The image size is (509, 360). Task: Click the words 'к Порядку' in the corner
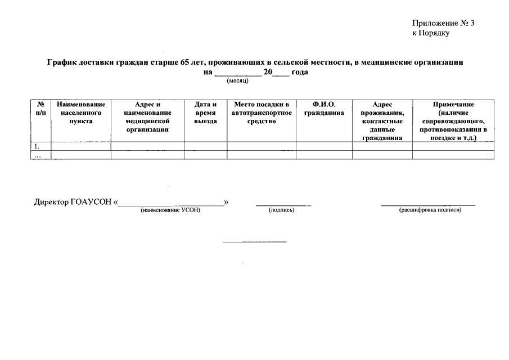pos(431,33)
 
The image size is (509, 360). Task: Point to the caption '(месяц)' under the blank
pos(237,81)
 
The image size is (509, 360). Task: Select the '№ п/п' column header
pos(40,109)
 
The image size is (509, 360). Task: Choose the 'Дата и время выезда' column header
pos(205,112)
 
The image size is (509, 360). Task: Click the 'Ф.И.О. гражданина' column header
pos(323,109)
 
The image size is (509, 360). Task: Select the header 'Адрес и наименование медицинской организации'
pos(147,116)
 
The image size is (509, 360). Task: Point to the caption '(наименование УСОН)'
pos(170,210)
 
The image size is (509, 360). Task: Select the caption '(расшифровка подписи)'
pos(430,210)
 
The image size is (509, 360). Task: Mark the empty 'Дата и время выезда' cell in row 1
pos(205,146)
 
